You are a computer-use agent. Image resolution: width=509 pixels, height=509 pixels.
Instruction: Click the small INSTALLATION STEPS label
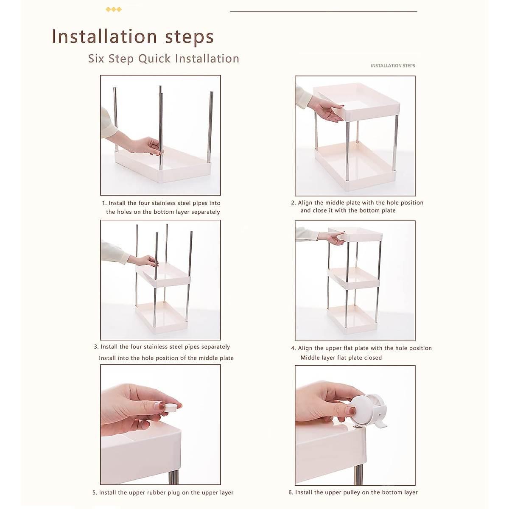coord(392,65)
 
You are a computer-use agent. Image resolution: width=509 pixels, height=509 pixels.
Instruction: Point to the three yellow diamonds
coord(114,9)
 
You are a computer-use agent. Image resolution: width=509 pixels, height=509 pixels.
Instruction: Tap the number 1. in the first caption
coord(104,203)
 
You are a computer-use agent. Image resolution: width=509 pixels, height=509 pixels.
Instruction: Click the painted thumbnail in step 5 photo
coord(160,406)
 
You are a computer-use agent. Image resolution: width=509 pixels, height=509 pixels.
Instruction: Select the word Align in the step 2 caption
coord(305,203)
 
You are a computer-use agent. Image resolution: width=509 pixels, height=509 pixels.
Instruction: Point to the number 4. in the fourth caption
coord(294,348)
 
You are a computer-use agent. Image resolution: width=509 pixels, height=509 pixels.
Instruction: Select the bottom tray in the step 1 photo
coord(162,165)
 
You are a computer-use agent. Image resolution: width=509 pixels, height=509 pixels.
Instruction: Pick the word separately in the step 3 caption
coord(215,347)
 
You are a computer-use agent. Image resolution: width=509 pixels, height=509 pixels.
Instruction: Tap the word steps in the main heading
coord(189,37)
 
